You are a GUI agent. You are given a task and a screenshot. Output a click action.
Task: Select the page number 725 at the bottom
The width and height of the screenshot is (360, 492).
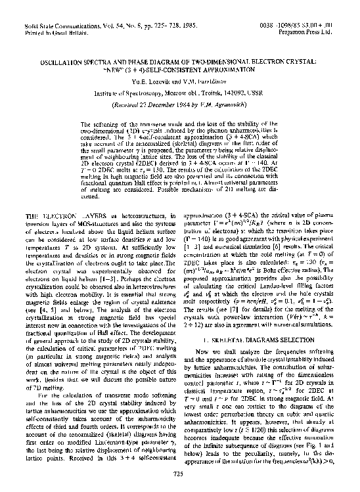(x=179, y=473)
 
